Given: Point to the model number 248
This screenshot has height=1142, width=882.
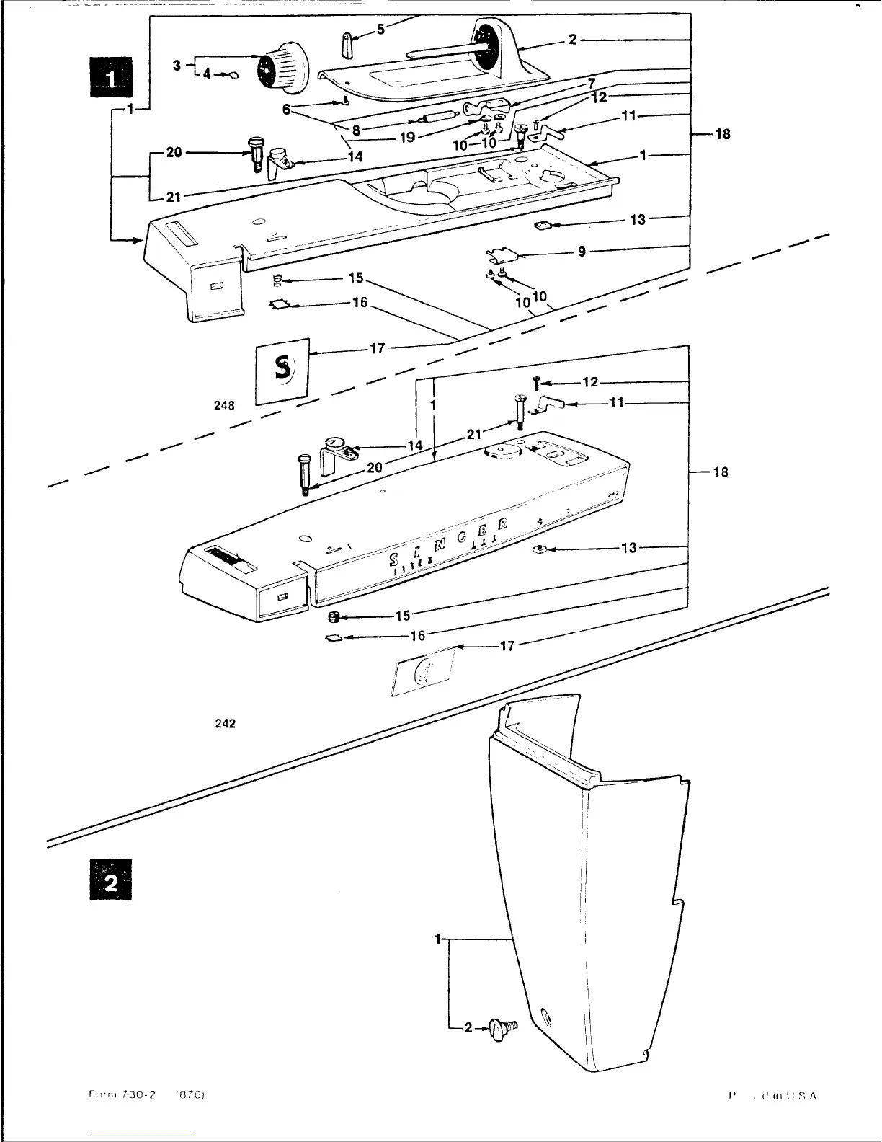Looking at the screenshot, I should (x=224, y=405).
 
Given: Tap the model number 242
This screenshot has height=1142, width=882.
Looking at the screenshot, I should (x=226, y=723).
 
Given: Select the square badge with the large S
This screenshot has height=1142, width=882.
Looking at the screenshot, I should (x=283, y=370).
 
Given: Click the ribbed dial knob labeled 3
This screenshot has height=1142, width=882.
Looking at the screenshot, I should (x=282, y=67).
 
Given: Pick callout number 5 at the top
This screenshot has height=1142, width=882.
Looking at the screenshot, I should (x=381, y=30).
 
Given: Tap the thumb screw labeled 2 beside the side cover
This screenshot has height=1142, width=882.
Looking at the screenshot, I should (x=502, y=1028).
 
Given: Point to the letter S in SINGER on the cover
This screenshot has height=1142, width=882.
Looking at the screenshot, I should (x=395, y=559).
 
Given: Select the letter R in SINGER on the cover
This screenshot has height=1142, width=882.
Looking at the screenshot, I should (x=503, y=523).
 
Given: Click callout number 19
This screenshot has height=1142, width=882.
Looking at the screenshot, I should (x=407, y=137).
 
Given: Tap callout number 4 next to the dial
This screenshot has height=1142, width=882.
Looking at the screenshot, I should (x=206, y=74).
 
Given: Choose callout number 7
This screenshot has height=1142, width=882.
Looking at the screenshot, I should (x=591, y=84).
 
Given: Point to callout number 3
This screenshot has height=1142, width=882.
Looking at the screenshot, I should (x=177, y=66).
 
